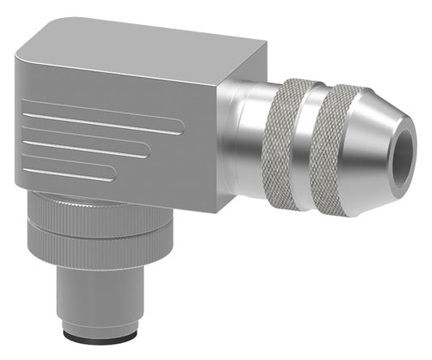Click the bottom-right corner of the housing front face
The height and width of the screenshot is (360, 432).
214,209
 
